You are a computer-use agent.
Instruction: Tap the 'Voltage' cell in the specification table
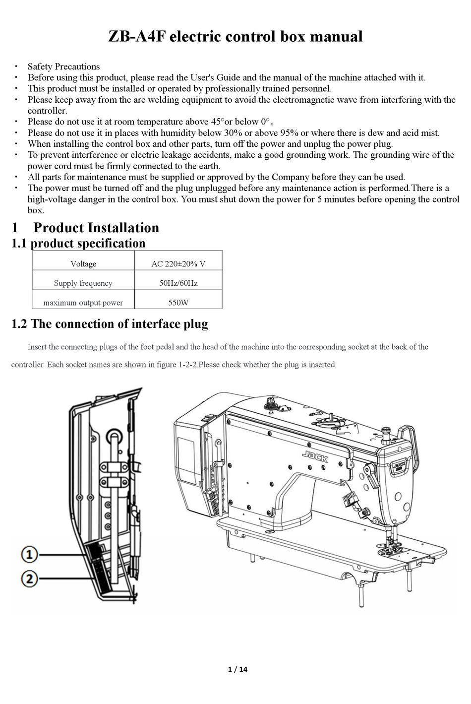pos(83,264)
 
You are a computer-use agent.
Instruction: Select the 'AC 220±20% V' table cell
pos(178,264)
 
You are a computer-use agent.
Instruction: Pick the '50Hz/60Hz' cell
pos(178,283)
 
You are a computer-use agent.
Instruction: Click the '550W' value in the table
pos(178,303)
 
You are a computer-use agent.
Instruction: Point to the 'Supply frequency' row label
pos(83,283)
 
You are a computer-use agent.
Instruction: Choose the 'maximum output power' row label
pos(83,303)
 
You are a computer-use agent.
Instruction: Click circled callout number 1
pos(30,555)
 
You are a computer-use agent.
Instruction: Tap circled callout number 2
pos(30,578)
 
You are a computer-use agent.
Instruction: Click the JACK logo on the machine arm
pos(315,456)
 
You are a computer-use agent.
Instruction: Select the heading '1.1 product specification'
pos(78,243)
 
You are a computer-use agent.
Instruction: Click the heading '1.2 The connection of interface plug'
pos(110,324)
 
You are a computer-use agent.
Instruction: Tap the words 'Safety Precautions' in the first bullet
pos(63,66)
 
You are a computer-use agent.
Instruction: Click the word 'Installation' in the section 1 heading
pos(123,228)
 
